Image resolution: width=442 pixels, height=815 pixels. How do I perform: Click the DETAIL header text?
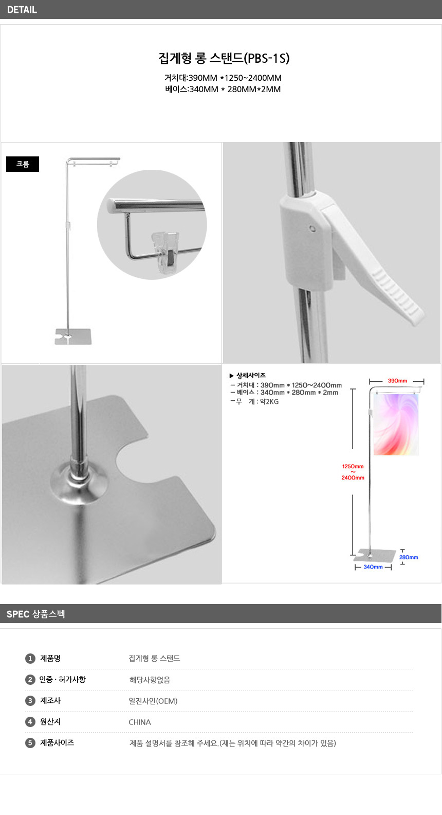pyautogui.click(x=22, y=10)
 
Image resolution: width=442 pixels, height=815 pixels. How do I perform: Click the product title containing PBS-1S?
pyautogui.click(x=224, y=58)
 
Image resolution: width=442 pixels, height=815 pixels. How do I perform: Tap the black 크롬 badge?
pyautogui.click(x=23, y=164)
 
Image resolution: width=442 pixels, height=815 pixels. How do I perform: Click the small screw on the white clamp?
pyautogui.click(x=312, y=229)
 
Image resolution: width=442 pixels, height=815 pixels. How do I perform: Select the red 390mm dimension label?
pyautogui.click(x=397, y=381)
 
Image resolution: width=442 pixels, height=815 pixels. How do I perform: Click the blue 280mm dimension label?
pyautogui.click(x=409, y=557)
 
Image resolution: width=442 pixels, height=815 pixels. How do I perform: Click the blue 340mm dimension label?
pyautogui.click(x=373, y=567)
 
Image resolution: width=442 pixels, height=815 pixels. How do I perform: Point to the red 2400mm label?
pyautogui.click(x=353, y=477)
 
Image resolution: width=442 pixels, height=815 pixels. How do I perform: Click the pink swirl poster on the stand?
pyautogui.click(x=396, y=424)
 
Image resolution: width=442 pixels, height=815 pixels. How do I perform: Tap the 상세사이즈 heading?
pyautogui.click(x=251, y=375)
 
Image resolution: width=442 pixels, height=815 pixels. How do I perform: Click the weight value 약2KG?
pyautogui.click(x=269, y=402)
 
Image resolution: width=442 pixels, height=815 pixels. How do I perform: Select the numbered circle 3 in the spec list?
pyautogui.click(x=30, y=701)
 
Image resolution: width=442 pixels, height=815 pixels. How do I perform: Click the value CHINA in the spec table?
pyautogui.click(x=140, y=722)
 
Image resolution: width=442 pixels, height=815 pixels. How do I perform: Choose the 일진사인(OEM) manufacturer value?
pyautogui.click(x=153, y=701)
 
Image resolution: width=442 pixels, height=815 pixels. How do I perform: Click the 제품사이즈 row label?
pyautogui.click(x=57, y=742)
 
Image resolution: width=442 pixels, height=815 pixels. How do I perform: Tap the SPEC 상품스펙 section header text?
pyautogui.click(x=35, y=614)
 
